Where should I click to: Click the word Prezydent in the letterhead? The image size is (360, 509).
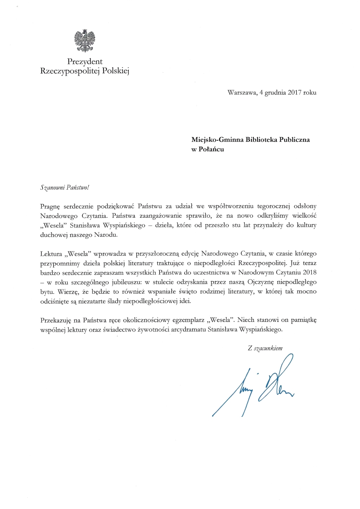pyautogui.click(x=85, y=62)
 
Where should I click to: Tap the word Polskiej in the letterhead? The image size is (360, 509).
pyautogui.click(x=116, y=71)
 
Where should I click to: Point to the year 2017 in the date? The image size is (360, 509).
pyautogui.click(x=295, y=93)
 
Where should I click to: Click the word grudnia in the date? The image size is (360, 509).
pyautogui.click(x=275, y=93)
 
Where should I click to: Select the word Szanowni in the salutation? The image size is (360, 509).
pyautogui.click(x=51, y=187)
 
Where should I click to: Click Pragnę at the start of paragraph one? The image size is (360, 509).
pyautogui.click(x=50, y=206)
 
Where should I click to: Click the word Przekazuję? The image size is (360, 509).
pyautogui.click(x=56, y=320)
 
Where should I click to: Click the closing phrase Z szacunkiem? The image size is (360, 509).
pyautogui.click(x=265, y=348)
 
